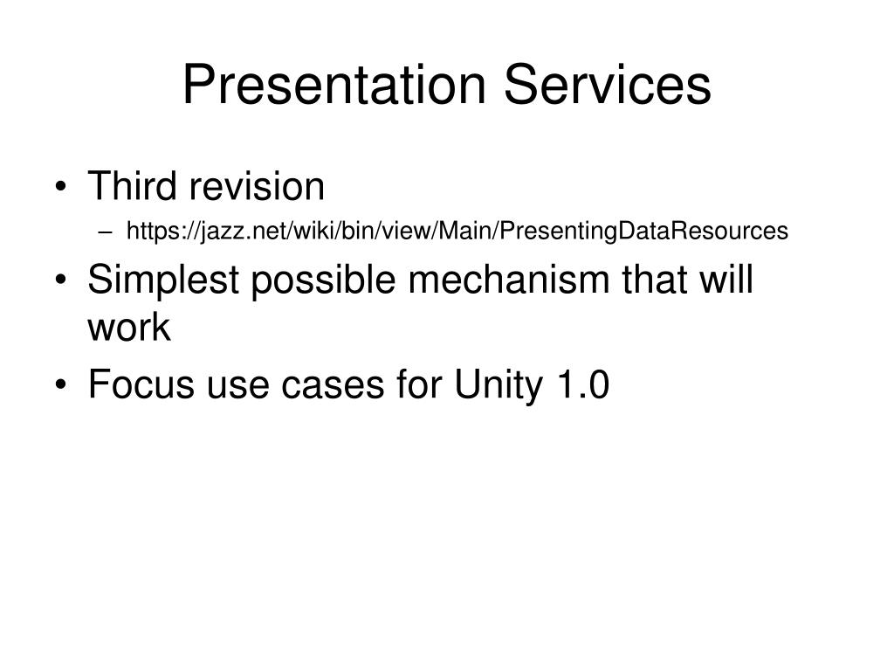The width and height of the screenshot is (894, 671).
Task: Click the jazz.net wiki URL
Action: click(x=457, y=231)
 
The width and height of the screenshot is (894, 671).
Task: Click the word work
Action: click(x=128, y=329)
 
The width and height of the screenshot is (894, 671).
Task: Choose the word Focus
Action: click(x=138, y=385)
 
